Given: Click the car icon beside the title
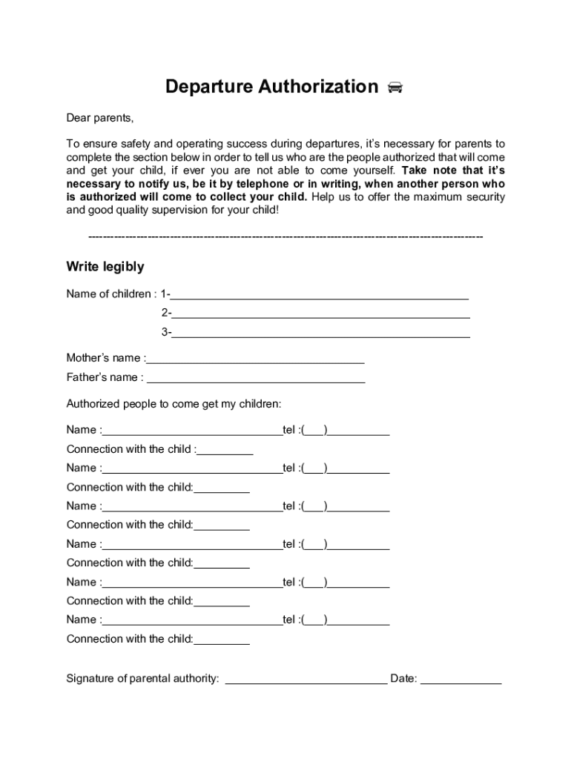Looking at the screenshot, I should coord(395,88).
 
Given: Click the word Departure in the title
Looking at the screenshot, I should coord(208,87).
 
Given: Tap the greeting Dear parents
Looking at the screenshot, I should coord(100,118).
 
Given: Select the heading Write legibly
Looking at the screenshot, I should coord(105,267).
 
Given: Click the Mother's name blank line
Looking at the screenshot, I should coord(256,361).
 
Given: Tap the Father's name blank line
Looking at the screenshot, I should coord(256,380).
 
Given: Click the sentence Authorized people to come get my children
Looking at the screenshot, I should coord(174,404).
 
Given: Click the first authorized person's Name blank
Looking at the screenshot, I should coord(192,433).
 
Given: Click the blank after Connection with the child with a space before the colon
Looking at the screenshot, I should coord(225,451).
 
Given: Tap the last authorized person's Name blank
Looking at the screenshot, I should coord(192,623).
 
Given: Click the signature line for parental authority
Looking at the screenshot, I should coord(306,681).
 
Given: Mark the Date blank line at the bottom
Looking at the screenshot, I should coord(461,681).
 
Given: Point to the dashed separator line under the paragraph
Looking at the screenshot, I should coord(285,236).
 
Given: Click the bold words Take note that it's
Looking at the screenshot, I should coord(453,170).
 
